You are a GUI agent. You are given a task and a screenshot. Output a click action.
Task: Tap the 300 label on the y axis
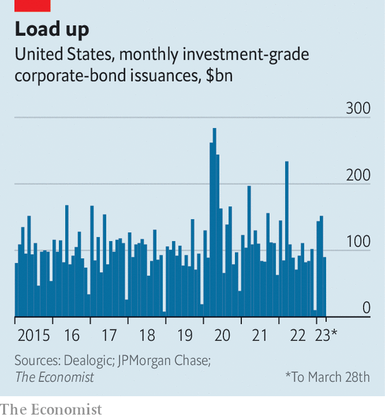click(357, 108)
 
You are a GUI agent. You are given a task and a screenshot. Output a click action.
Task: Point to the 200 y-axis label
click(357, 175)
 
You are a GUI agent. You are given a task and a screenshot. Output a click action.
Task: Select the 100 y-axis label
click(357, 242)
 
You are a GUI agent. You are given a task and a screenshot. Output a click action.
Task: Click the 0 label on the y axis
click(366, 308)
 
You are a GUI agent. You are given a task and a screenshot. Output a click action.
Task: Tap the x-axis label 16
click(72, 335)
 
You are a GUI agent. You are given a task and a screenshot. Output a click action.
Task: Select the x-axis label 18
click(147, 335)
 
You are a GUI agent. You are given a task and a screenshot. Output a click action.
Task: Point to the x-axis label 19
click(185, 335)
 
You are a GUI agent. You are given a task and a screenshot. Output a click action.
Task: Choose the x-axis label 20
click(222, 335)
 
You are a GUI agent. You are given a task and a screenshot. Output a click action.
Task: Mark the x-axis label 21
click(260, 335)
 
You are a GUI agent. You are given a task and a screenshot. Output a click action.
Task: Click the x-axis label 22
click(298, 335)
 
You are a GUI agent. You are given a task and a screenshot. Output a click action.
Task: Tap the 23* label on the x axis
click(327, 335)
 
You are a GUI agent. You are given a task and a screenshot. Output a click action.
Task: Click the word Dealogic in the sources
click(87, 360)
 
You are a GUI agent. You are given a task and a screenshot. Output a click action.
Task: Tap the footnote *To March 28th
click(327, 377)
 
